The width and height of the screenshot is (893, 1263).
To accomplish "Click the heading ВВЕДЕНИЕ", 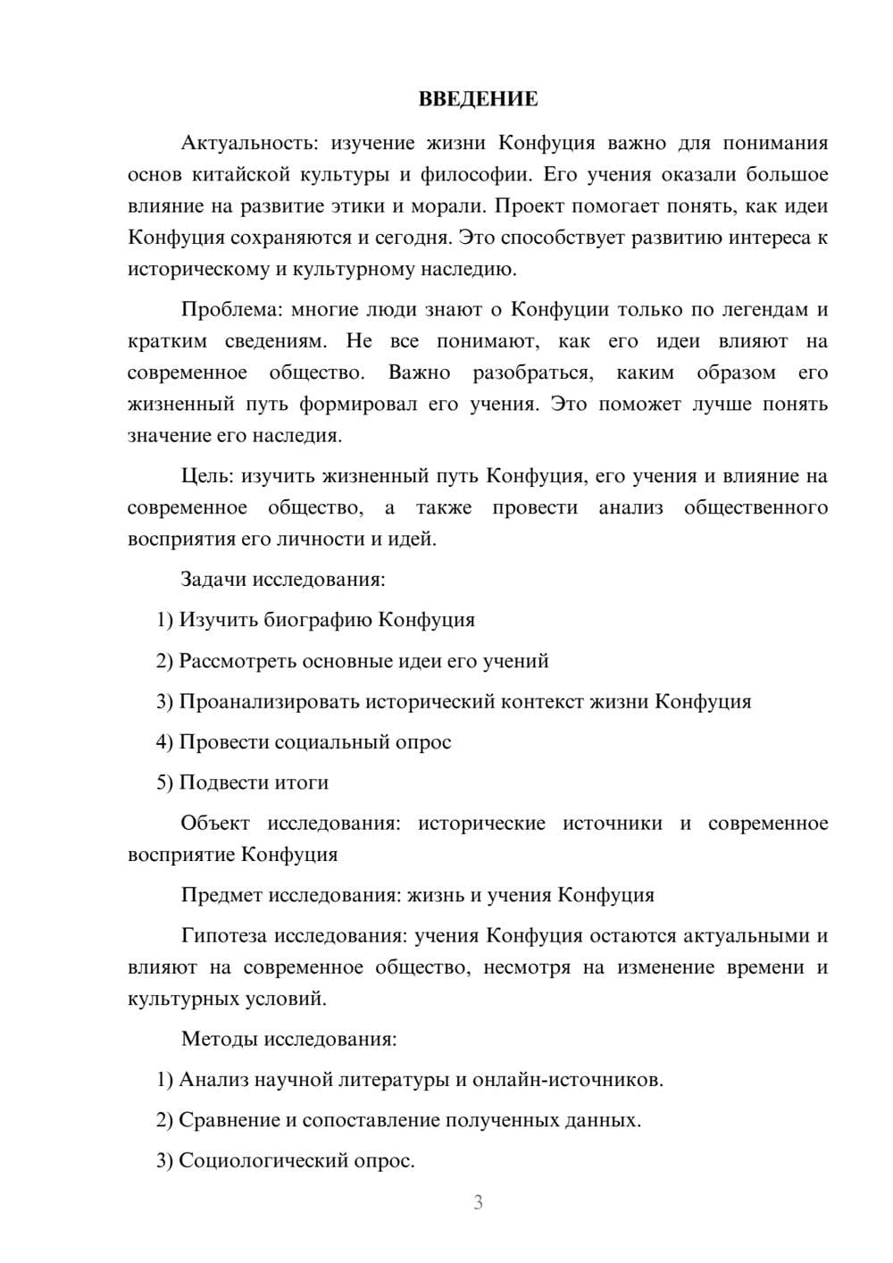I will point(478,99).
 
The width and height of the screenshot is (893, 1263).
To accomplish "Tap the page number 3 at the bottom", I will point(478,1202).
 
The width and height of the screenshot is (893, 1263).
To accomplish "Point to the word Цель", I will point(207,476).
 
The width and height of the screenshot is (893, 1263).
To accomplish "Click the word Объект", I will point(215,824).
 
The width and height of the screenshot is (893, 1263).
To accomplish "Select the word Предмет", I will point(221,895).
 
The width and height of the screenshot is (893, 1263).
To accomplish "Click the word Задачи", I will point(213,579).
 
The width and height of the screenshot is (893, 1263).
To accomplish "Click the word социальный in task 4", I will point(332,742).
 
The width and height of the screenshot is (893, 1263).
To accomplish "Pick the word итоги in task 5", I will point(304,782).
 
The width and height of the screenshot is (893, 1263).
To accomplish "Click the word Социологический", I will point(265,1160).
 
